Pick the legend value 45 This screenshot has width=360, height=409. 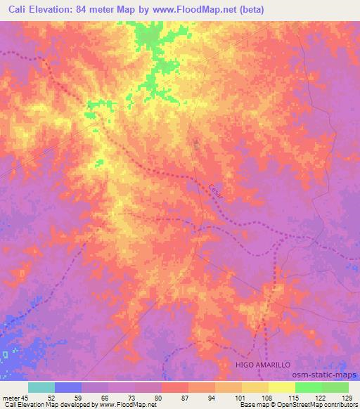(25, 397)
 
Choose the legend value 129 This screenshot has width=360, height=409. (347, 397)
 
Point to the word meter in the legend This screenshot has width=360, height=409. (11, 397)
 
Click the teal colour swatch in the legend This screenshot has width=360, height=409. (41, 387)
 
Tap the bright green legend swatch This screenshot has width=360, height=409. (309, 387)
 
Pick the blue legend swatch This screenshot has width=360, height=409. (68, 387)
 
